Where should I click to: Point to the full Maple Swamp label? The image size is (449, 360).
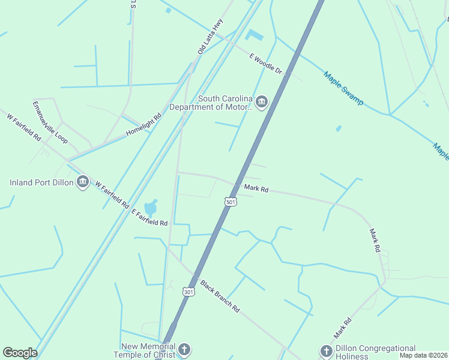click(343, 88)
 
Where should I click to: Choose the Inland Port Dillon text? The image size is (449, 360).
click(41, 182)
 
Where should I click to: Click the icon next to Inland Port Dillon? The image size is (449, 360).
click(83, 182)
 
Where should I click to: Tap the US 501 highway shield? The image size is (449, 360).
click(231, 202)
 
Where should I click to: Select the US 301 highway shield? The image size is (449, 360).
click(188, 292)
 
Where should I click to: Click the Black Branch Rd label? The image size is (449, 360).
click(220, 296)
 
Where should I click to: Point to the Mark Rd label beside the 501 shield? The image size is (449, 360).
click(256, 189)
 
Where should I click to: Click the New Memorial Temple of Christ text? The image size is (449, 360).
click(148, 351)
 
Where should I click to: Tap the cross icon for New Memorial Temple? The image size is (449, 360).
click(184, 349)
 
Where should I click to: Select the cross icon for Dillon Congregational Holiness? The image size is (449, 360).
click(326, 351)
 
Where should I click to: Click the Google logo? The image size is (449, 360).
click(20, 353)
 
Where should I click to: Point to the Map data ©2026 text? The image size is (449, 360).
click(423, 355)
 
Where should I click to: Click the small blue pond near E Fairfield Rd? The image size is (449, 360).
click(151, 208)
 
